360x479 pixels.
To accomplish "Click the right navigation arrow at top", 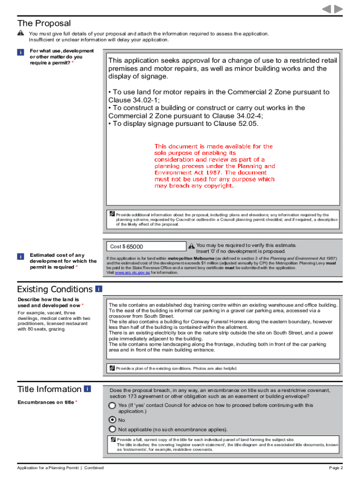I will click(338, 9).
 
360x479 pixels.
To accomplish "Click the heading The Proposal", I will click(44, 23).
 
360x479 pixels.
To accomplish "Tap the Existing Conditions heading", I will click(55, 289).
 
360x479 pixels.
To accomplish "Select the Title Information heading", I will click(49, 389).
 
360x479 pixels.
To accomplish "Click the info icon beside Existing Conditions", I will click(99, 289).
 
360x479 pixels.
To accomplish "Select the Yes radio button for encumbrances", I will click(112, 406).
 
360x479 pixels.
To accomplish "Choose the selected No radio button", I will click(112, 420).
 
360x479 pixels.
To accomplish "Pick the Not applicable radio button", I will click(112, 429).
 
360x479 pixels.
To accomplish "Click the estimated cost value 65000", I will click(135, 247).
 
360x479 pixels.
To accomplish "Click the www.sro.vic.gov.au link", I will click(132, 272).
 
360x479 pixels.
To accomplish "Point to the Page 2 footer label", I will click(336, 468).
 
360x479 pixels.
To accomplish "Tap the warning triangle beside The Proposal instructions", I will click(21, 33).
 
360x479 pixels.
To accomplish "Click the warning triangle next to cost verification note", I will click(191, 246).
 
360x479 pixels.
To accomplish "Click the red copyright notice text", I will click(215, 166).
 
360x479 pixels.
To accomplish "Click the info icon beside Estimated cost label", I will click(21, 256).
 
